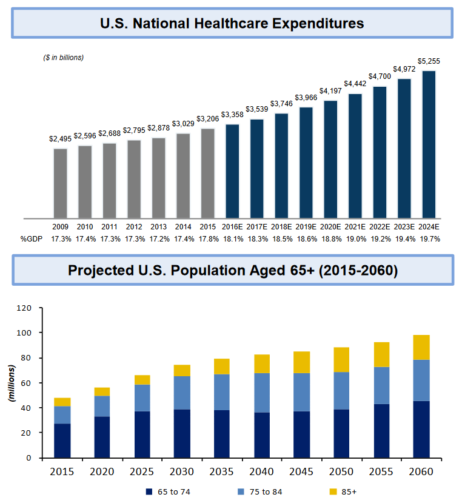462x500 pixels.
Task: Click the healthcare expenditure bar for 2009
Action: pos(61,183)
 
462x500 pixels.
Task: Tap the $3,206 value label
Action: pos(208,119)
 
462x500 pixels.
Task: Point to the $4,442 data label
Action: pos(355,84)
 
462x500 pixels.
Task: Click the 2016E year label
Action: pos(232,227)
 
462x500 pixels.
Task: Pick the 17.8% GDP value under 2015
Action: pos(208,238)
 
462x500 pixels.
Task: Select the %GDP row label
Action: pos(30,238)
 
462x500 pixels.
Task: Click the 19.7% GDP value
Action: pos(429,238)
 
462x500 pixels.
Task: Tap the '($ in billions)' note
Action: pos(63,58)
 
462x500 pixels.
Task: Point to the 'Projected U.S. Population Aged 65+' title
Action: pos(232,270)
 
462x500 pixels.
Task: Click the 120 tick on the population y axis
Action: pos(23,308)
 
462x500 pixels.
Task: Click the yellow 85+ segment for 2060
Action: pos(421,347)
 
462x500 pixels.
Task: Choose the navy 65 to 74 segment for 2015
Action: pos(62,441)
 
